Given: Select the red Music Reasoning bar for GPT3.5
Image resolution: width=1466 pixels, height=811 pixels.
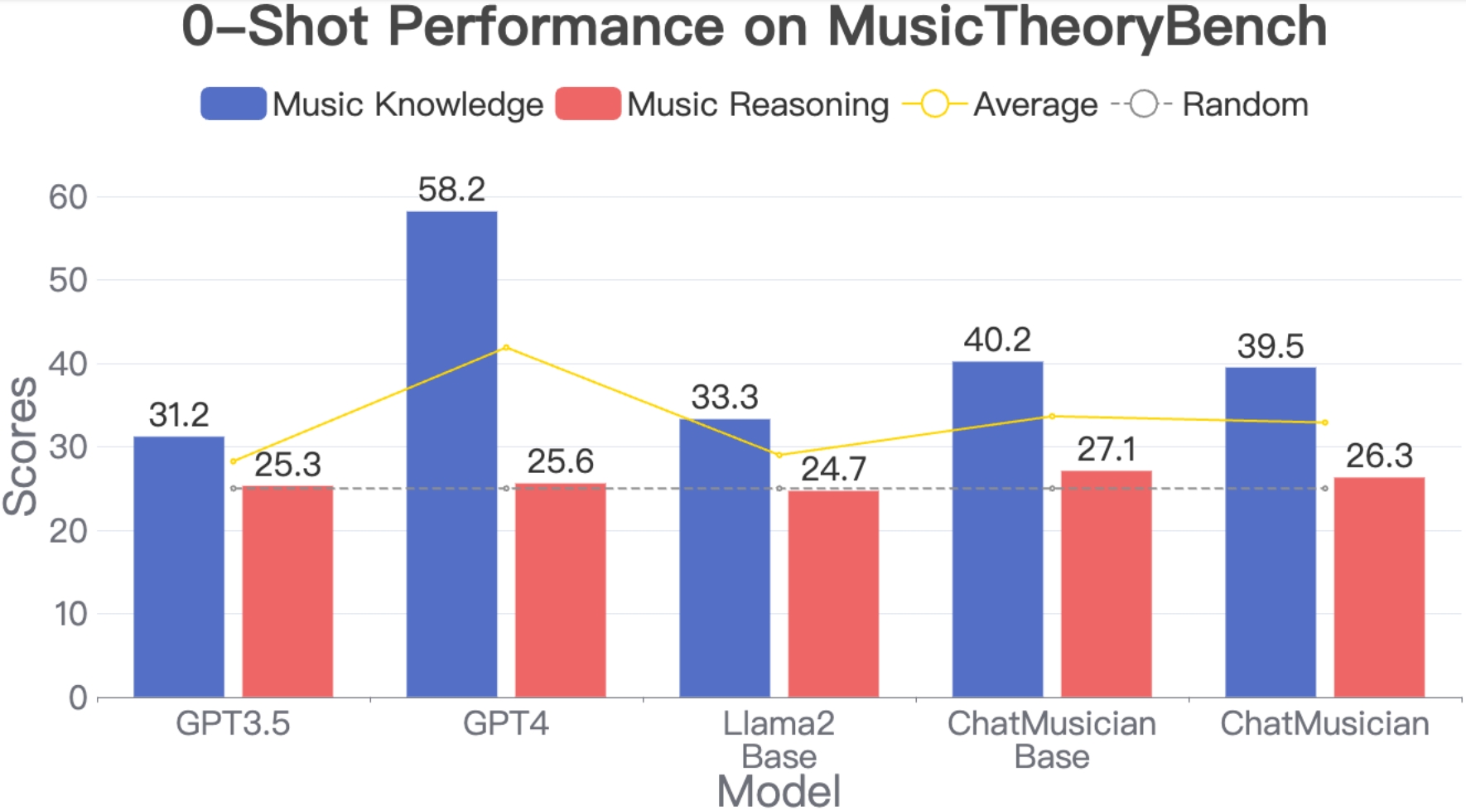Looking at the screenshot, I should (287, 591).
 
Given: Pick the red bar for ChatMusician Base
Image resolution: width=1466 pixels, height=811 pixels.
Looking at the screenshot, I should (1106, 584).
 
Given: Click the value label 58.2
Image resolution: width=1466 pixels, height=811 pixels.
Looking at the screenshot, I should (451, 190).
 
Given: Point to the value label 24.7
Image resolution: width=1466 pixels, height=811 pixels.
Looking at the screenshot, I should (833, 470).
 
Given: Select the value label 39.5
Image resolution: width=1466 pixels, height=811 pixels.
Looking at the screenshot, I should (1270, 346).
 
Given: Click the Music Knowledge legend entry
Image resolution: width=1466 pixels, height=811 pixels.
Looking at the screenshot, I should (373, 104).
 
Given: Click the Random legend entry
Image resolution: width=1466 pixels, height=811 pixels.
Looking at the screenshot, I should (1210, 104).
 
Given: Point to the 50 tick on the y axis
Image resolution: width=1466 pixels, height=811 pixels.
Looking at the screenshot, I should (68, 281).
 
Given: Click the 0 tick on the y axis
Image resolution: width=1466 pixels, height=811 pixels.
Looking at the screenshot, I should (78, 698).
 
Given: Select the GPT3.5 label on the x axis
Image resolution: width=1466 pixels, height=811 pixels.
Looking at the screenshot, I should (233, 724).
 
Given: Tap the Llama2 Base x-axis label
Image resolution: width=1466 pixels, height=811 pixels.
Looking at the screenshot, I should (779, 740).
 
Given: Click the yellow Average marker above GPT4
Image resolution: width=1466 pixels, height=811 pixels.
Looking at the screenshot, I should (506, 348).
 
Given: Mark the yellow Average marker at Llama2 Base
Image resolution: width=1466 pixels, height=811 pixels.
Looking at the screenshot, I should (779, 456).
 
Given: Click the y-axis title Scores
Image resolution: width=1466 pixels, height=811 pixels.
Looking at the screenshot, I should (21, 447).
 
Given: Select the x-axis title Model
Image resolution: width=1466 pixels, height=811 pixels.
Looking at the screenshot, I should (779, 791).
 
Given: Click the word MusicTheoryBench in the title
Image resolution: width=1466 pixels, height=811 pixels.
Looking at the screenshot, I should (1077, 27).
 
